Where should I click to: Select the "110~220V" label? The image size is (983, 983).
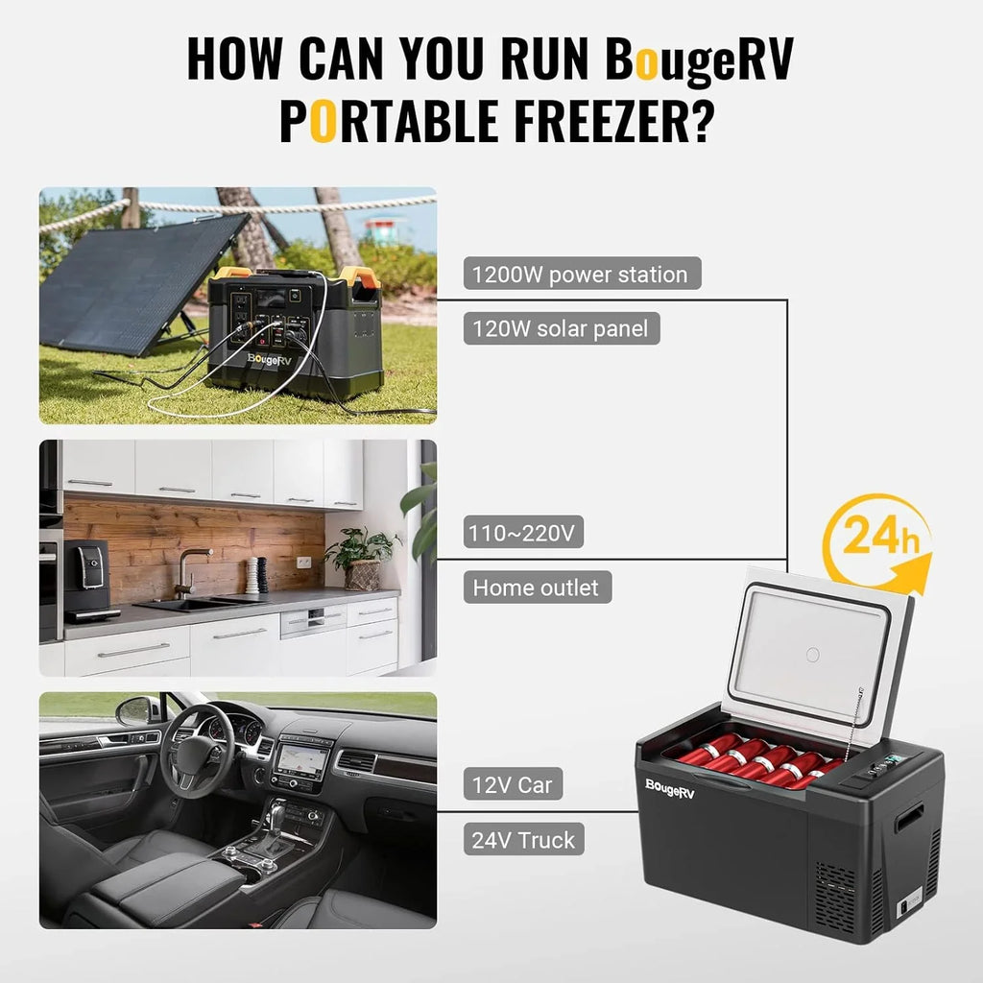pos(523,533)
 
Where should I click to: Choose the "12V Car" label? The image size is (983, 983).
pos(513,784)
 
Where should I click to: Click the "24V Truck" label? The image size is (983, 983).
pos(523,840)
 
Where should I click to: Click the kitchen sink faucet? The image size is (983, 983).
pos(184,571)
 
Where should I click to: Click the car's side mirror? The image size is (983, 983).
pos(135,711)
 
